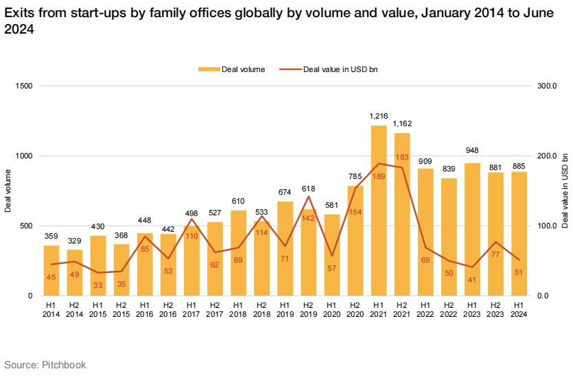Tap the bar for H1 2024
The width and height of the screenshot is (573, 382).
[x=519, y=233]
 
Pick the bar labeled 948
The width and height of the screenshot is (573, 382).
[x=471, y=229]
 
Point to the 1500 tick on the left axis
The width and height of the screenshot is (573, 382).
[x=23, y=86]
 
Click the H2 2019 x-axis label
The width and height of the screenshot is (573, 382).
[x=308, y=309]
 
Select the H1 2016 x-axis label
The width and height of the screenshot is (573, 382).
[x=144, y=309]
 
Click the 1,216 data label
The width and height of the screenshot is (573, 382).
[x=378, y=117]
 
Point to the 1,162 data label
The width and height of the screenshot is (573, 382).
[x=402, y=124]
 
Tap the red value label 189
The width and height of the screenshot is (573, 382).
[x=378, y=176]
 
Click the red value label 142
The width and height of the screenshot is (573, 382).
[x=308, y=218]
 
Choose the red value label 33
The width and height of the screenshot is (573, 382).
[x=97, y=285]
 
